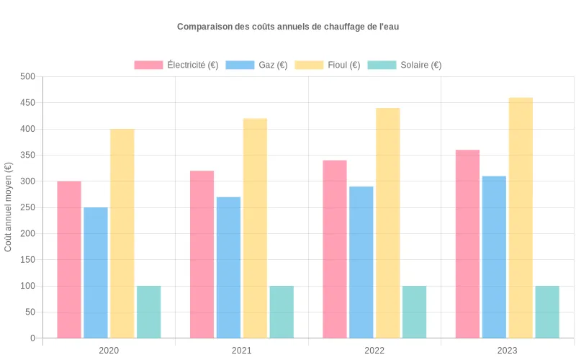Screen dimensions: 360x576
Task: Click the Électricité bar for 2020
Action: click(69, 259)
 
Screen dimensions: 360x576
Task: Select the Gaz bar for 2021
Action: click(228, 267)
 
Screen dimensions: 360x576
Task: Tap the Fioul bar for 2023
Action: click(521, 217)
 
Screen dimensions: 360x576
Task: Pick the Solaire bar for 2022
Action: click(414, 312)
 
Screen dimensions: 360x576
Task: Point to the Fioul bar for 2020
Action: click(122, 233)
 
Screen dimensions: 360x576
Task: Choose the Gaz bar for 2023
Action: click(494, 257)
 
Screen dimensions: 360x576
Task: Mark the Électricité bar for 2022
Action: click(335, 249)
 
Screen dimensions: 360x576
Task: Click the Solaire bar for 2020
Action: click(149, 312)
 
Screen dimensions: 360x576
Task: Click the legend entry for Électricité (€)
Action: click(176, 65)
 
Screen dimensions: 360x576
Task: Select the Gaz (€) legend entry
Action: click(256, 65)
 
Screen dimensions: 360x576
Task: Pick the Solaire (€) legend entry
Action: click(404, 65)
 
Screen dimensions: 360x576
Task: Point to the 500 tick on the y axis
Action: click(27, 77)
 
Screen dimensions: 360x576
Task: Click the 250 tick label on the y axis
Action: click(27, 207)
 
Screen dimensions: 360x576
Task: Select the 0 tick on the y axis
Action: click(32, 338)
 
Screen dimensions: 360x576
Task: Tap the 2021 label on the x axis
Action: click(242, 351)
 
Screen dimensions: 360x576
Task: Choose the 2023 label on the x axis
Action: click(508, 351)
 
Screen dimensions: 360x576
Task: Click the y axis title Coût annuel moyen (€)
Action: click(9, 207)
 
